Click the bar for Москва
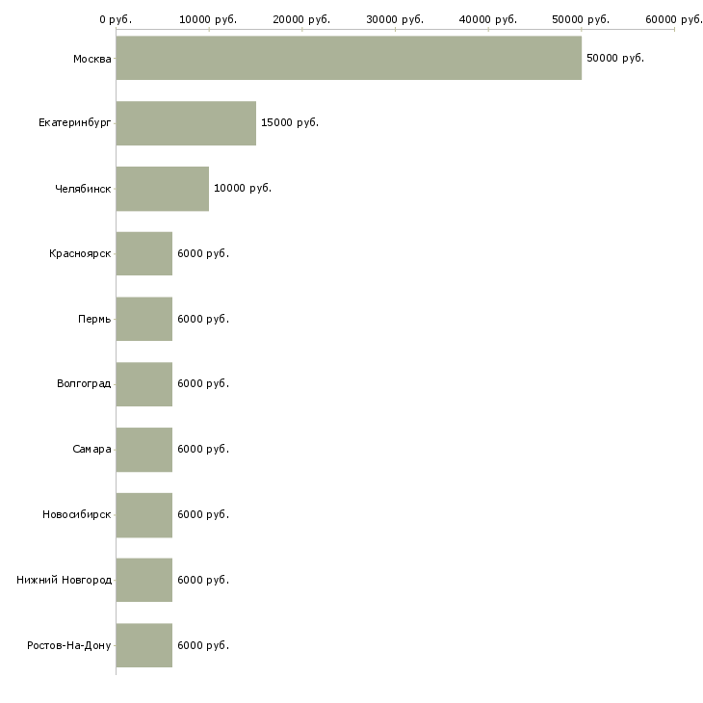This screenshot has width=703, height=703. (x=349, y=58)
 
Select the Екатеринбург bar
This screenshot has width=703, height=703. (x=186, y=123)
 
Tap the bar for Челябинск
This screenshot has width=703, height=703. (x=163, y=189)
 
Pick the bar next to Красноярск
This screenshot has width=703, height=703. (x=144, y=253)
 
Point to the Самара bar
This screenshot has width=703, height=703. (x=144, y=450)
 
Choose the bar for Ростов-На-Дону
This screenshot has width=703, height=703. (x=144, y=645)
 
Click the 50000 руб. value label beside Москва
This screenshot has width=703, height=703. (x=614, y=58)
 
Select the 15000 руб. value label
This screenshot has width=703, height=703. (x=289, y=123)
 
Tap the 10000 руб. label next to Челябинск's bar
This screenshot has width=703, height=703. (x=243, y=189)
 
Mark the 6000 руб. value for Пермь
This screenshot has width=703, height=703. (x=203, y=319)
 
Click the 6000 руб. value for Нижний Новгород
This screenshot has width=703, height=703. (x=203, y=580)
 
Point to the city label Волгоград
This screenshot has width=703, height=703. (x=84, y=384)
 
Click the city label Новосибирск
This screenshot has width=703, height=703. (x=77, y=514)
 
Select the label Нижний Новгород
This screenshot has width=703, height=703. (x=64, y=580)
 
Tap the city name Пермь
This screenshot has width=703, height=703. (x=94, y=319)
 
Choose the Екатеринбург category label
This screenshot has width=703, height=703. (x=75, y=123)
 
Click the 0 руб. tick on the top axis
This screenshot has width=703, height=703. (x=116, y=19)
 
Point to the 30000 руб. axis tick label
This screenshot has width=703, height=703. (x=395, y=19)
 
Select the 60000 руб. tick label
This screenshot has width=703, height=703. (x=673, y=19)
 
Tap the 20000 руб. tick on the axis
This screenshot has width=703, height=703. (x=301, y=19)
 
